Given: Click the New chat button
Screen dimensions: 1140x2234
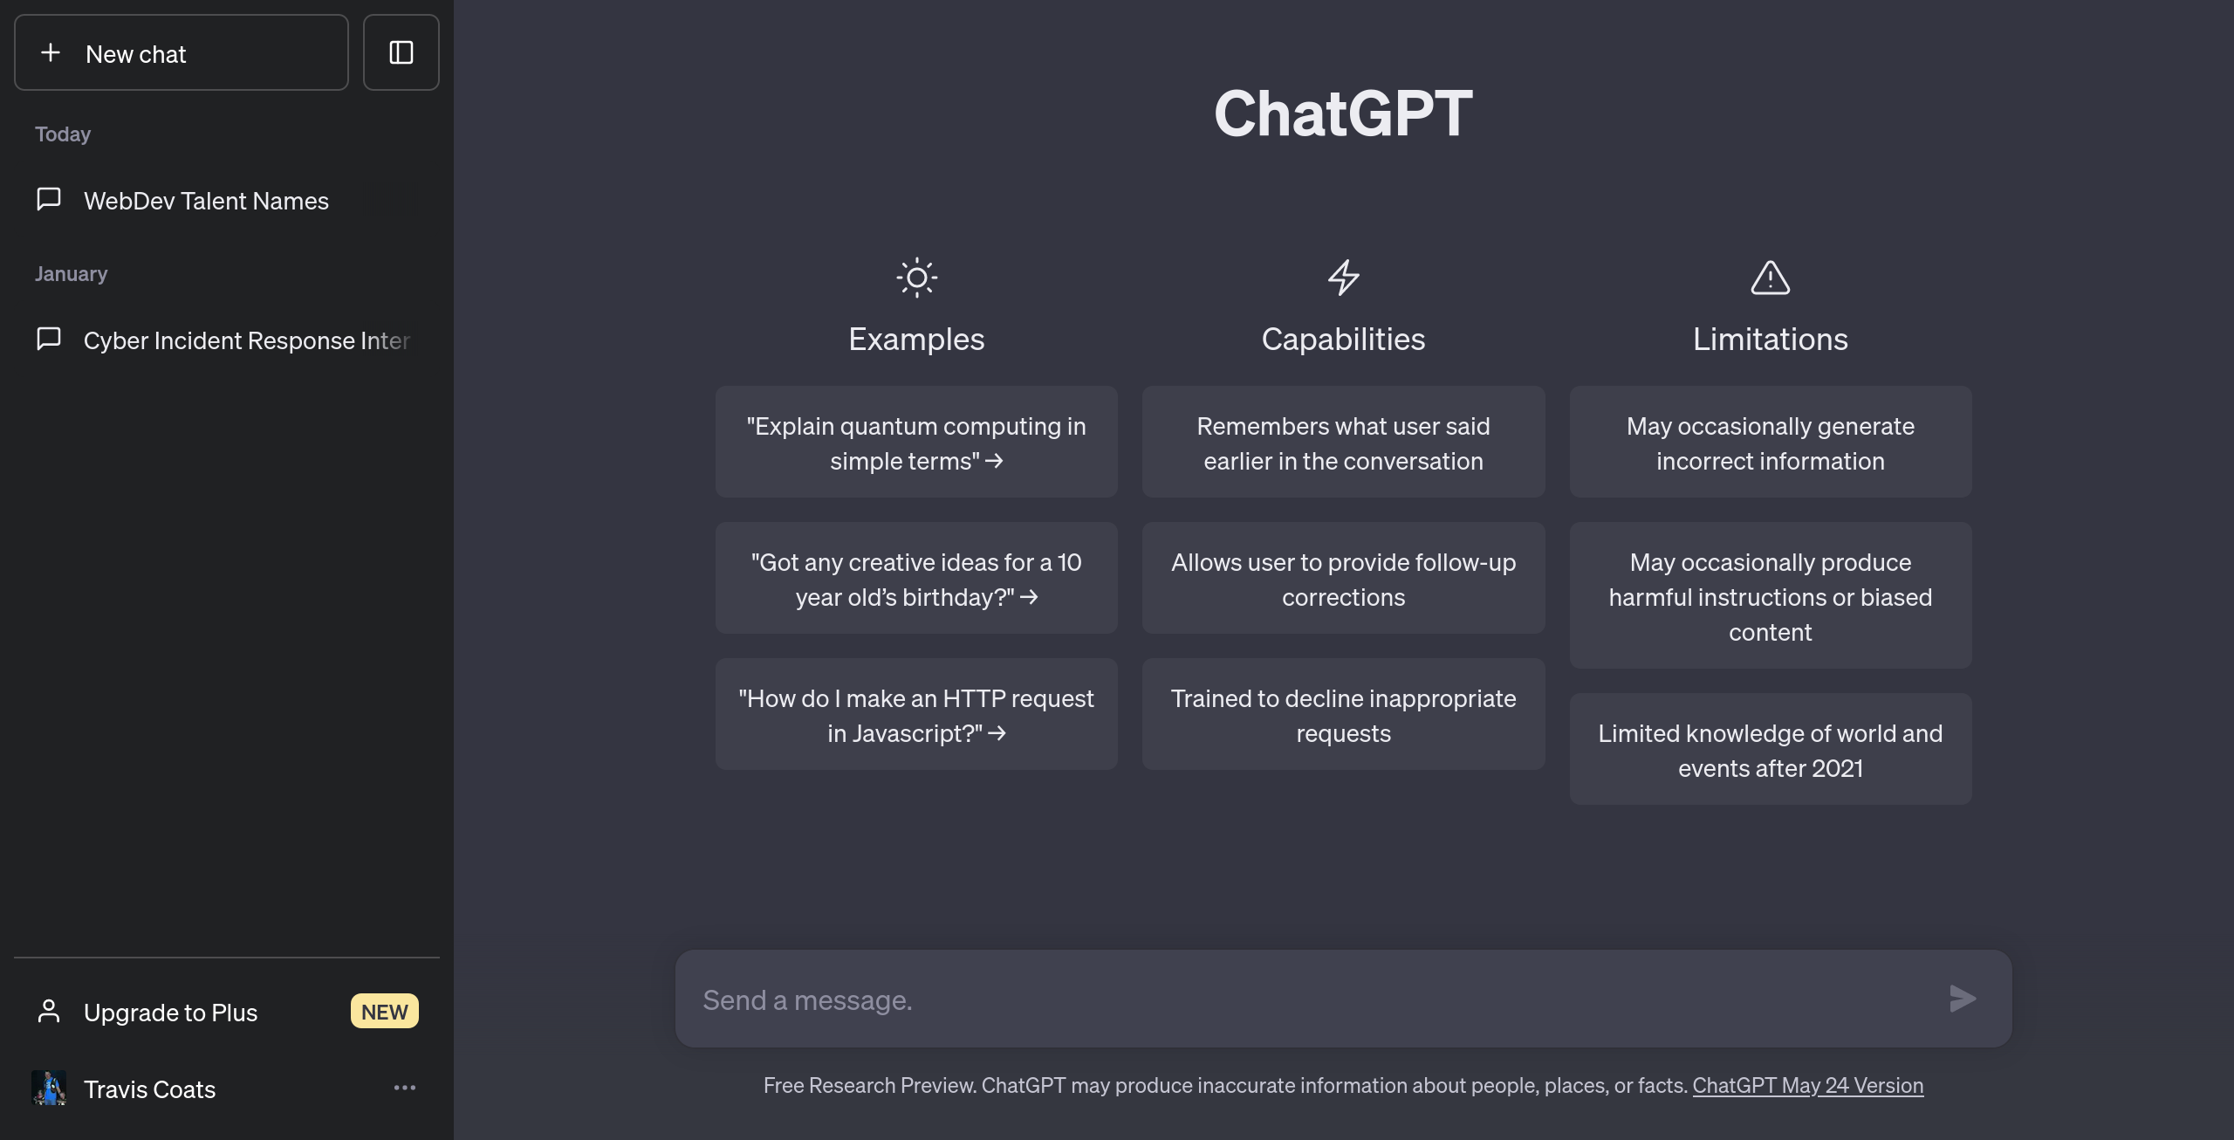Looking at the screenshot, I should tap(181, 53).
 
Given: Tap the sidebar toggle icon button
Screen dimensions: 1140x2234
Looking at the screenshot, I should tap(401, 53).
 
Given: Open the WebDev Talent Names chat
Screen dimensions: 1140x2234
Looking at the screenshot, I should tap(206, 201).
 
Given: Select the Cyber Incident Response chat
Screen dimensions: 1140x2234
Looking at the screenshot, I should tap(246, 340).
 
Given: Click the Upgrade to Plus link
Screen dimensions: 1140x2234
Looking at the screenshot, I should tap(171, 1013).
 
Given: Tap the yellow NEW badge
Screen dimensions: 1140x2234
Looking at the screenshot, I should tap(384, 1012).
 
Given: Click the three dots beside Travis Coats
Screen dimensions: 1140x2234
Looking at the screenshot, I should tap(404, 1088).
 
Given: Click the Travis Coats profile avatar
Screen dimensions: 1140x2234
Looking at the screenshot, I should tap(49, 1088).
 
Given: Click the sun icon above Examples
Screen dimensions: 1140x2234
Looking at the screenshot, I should tap(916, 278).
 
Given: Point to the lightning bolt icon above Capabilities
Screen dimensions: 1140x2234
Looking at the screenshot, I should tap(1343, 278).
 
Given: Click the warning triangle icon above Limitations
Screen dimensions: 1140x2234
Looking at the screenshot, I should tap(1770, 278).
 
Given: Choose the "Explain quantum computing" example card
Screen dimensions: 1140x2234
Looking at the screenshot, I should tap(916, 443).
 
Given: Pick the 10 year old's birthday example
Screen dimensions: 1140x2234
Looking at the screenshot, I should tap(916, 579).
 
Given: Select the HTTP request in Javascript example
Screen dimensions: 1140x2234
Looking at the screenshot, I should tap(916, 715).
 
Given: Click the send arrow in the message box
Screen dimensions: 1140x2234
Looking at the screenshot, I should tap(1963, 999).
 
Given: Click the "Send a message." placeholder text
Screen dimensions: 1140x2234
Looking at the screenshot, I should tap(808, 1000).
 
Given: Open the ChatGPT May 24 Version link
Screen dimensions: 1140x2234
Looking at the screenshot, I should tap(1807, 1085).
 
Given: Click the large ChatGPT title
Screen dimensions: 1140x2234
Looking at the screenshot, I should tap(1343, 113).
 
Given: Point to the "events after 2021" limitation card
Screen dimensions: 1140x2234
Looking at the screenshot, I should tap(1770, 750).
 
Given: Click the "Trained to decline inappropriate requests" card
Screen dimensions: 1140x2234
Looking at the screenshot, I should tap(1343, 715).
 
